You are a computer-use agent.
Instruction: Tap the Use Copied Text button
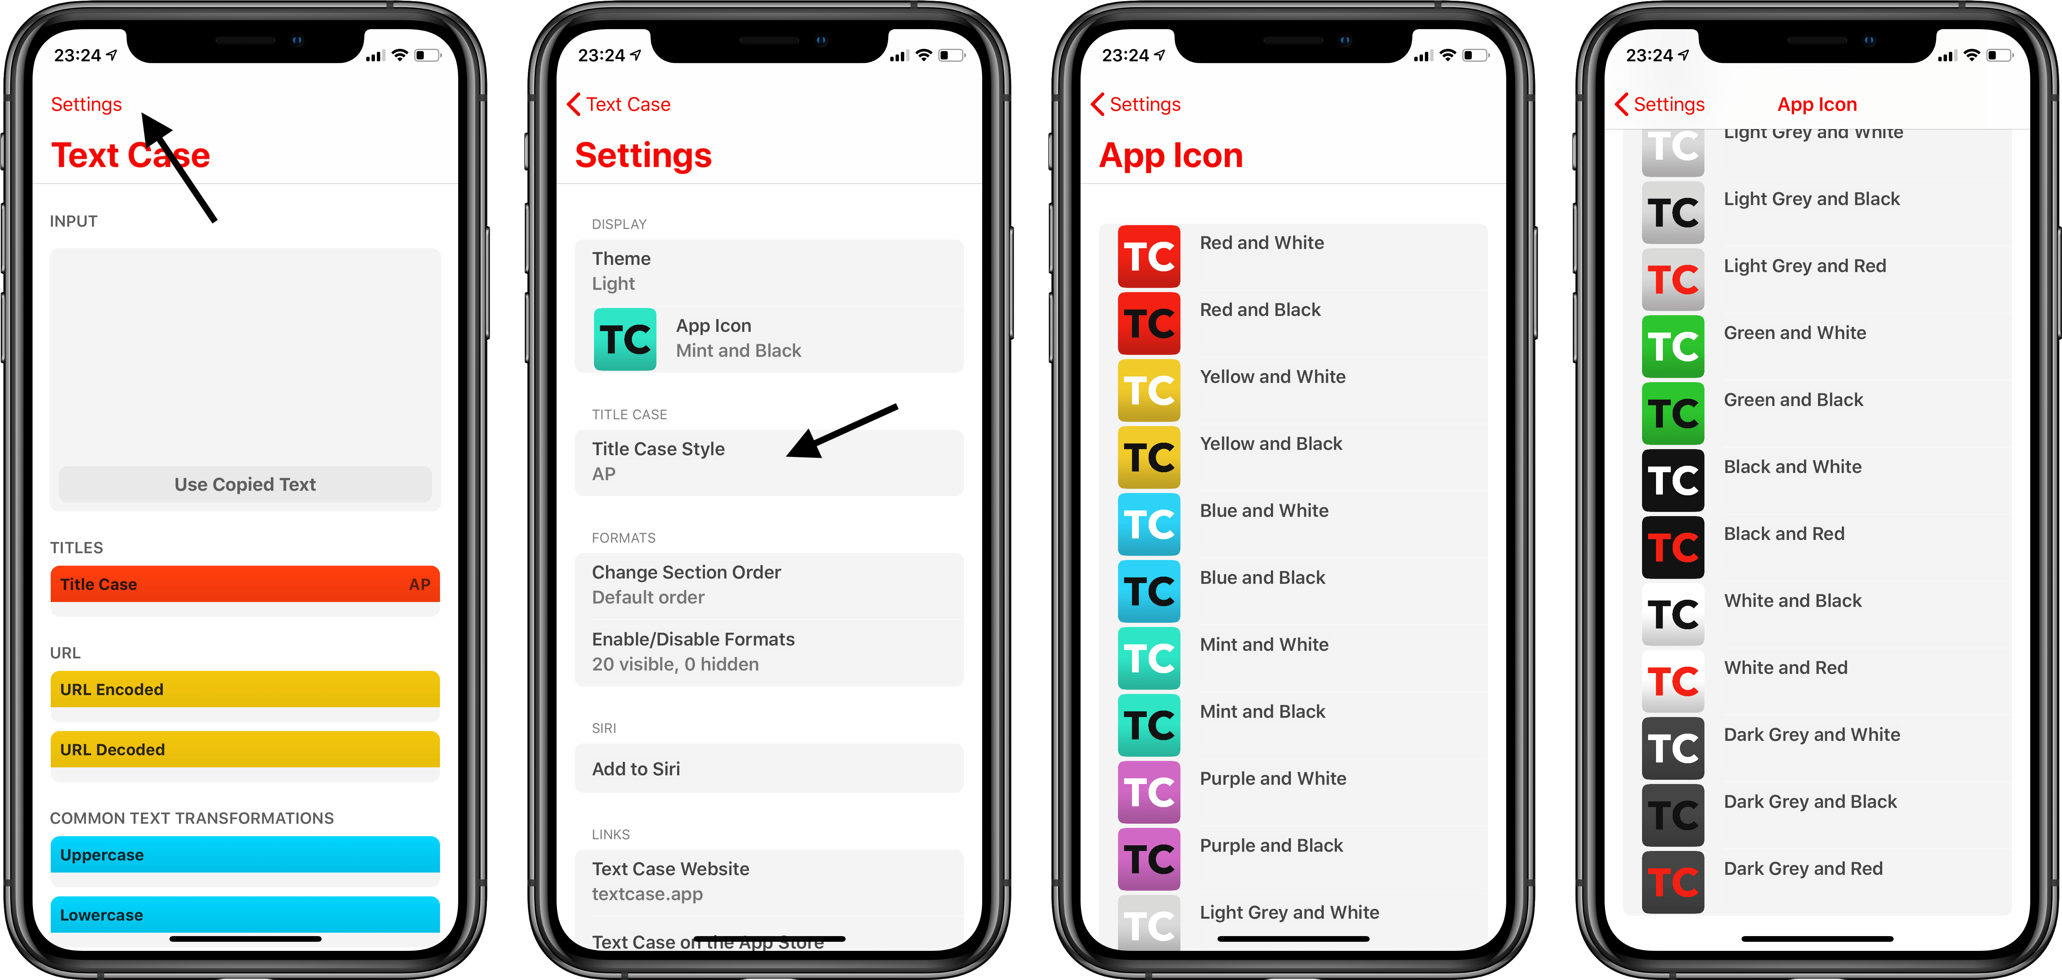(x=245, y=484)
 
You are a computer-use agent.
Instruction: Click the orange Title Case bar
(x=245, y=585)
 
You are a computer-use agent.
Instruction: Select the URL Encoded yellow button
(x=245, y=689)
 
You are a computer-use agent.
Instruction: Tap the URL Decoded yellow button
(x=245, y=750)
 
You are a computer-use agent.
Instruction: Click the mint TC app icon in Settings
(x=624, y=339)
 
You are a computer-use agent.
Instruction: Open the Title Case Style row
(x=768, y=461)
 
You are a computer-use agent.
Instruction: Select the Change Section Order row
(x=768, y=585)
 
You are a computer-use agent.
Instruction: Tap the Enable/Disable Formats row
(x=768, y=652)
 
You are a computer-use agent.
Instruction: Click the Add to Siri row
(x=768, y=768)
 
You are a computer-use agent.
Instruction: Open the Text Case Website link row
(x=768, y=881)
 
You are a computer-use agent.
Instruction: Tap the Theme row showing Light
(x=768, y=271)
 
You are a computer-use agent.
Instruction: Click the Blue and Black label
(x=1262, y=578)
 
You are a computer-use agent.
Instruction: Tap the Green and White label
(x=1795, y=333)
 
